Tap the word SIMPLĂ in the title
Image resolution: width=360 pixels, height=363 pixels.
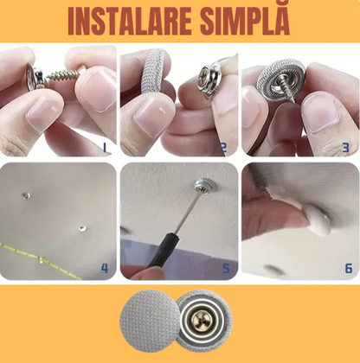click(251, 21)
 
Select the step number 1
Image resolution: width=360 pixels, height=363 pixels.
click(105, 148)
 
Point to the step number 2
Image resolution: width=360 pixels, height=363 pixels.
click(223, 148)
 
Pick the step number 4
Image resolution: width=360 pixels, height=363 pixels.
click(105, 268)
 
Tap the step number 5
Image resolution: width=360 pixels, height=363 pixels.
click(225, 269)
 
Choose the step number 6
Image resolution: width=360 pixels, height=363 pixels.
click(348, 268)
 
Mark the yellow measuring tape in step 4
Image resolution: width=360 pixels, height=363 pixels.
click(43, 257)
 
